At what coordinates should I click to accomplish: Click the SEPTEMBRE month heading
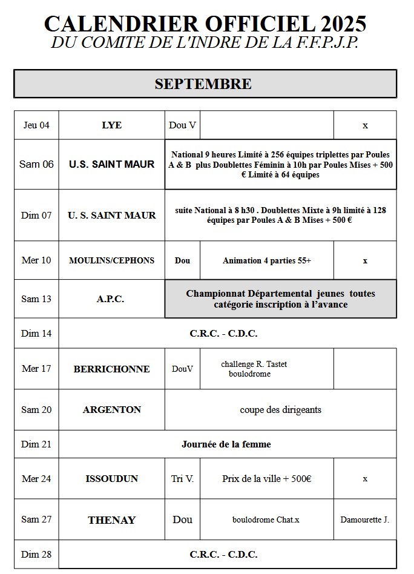click(x=203, y=84)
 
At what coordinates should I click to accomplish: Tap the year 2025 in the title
click(x=344, y=24)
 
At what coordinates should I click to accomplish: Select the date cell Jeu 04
click(x=36, y=125)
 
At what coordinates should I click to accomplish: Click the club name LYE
click(x=111, y=125)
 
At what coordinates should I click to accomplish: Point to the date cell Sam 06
click(x=36, y=164)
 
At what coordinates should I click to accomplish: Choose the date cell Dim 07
click(x=36, y=215)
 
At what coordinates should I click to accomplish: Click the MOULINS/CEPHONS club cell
click(x=111, y=260)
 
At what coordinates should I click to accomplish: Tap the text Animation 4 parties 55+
click(x=267, y=260)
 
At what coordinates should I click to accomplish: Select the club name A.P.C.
click(x=111, y=299)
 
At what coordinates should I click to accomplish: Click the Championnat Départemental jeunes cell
click(x=280, y=299)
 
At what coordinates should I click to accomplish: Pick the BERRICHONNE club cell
click(x=111, y=369)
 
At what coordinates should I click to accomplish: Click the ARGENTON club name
click(x=111, y=410)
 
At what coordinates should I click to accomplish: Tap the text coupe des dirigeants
click(x=280, y=410)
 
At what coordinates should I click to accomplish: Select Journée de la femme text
click(x=226, y=444)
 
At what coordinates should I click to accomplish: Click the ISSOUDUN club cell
click(x=111, y=479)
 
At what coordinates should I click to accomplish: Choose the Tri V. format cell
click(x=182, y=479)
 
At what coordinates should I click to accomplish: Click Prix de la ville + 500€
click(x=267, y=479)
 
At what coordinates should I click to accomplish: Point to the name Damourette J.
click(x=364, y=520)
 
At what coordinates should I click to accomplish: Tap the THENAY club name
click(x=111, y=520)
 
